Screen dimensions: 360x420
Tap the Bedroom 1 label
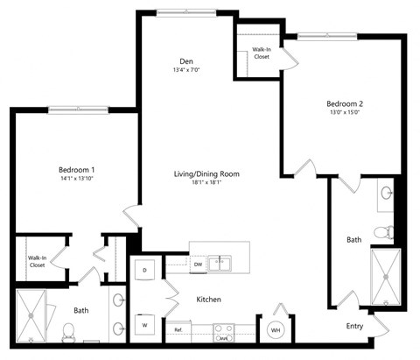[77, 169]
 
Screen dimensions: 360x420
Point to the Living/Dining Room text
[206, 173]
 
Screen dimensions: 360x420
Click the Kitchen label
[208, 300]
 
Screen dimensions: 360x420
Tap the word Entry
[354, 326]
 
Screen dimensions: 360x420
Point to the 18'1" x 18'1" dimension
[206, 183]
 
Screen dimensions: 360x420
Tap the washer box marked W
[144, 325]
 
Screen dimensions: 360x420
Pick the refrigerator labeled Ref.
[178, 330]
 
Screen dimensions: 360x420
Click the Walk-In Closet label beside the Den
[261, 54]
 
